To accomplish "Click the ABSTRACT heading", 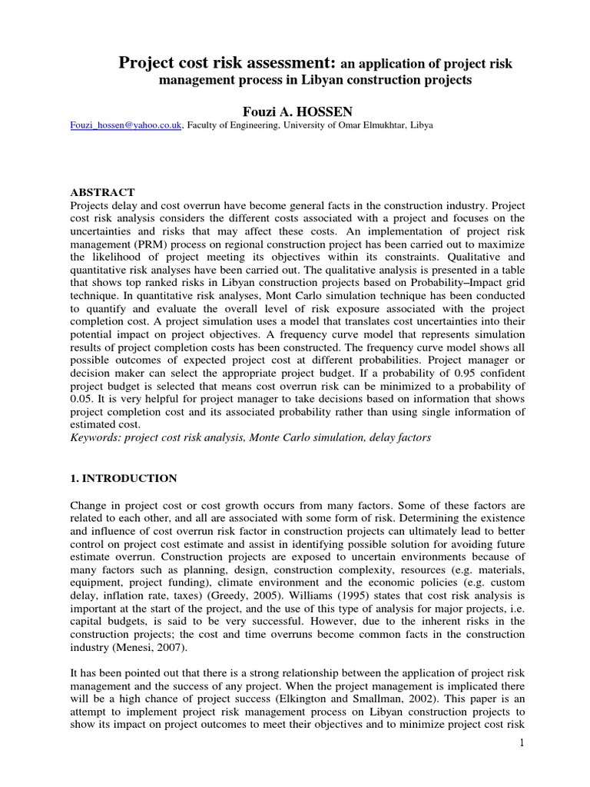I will (x=103, y=192).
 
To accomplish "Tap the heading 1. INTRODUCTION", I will (x=124, y=478).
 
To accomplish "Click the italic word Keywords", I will (x=97, y=437).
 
